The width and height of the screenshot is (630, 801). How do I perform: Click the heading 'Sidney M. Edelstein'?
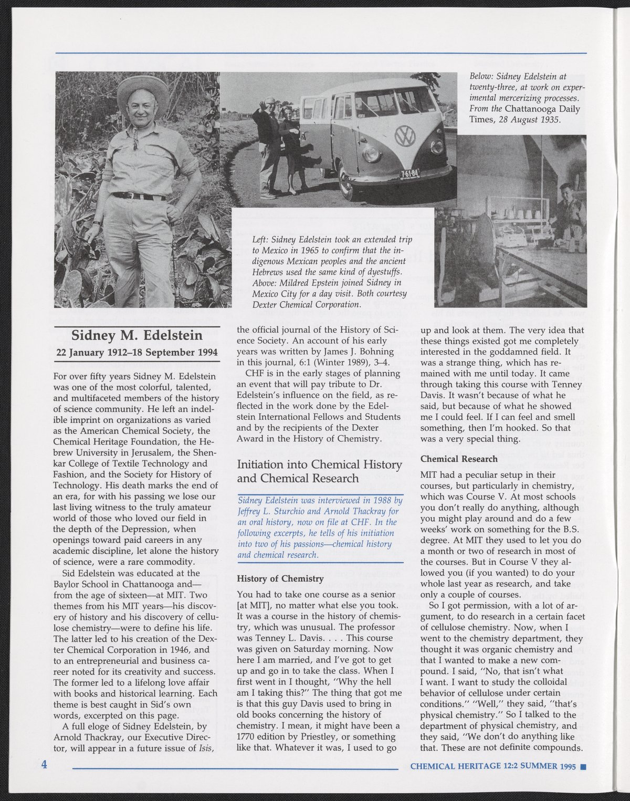tap(136, 335)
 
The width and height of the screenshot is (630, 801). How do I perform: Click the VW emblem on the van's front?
tap(404, 136)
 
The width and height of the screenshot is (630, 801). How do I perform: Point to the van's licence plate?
tap(410, 174)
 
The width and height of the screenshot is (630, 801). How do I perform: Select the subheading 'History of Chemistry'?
tap(280, 578)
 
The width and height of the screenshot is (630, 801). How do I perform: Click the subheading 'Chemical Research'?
tap(459, 459)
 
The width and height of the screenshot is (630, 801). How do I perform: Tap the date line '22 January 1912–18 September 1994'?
tap(136, 352)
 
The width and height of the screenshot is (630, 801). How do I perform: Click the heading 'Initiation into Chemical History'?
tap(319, 465)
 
